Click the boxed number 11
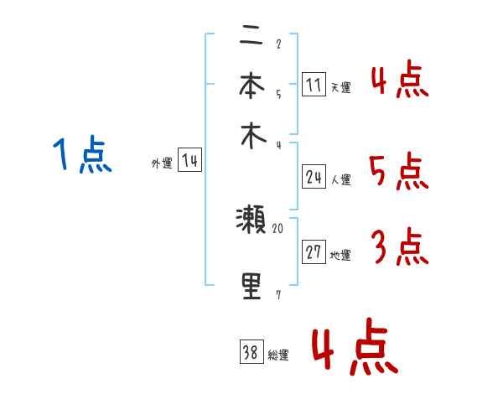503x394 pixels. (313, 84)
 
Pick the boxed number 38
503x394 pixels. (251, 353)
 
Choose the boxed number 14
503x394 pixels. (189, 161)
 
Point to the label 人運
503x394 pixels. (341, 179)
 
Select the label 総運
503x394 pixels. (278, 355)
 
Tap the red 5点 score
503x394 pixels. (398, 173)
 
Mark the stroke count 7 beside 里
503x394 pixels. (277, 294)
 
